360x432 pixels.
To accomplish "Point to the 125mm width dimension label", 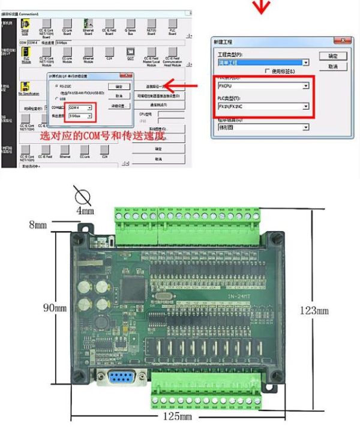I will click(178, 416).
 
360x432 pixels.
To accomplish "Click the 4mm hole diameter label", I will click(85, 211).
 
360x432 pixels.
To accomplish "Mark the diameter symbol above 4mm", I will click(83, 196).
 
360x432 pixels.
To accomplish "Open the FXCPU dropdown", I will click(263, 86).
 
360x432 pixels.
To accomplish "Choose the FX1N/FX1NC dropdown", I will click(263, 106).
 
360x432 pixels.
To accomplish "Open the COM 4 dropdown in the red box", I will click(82, 107).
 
